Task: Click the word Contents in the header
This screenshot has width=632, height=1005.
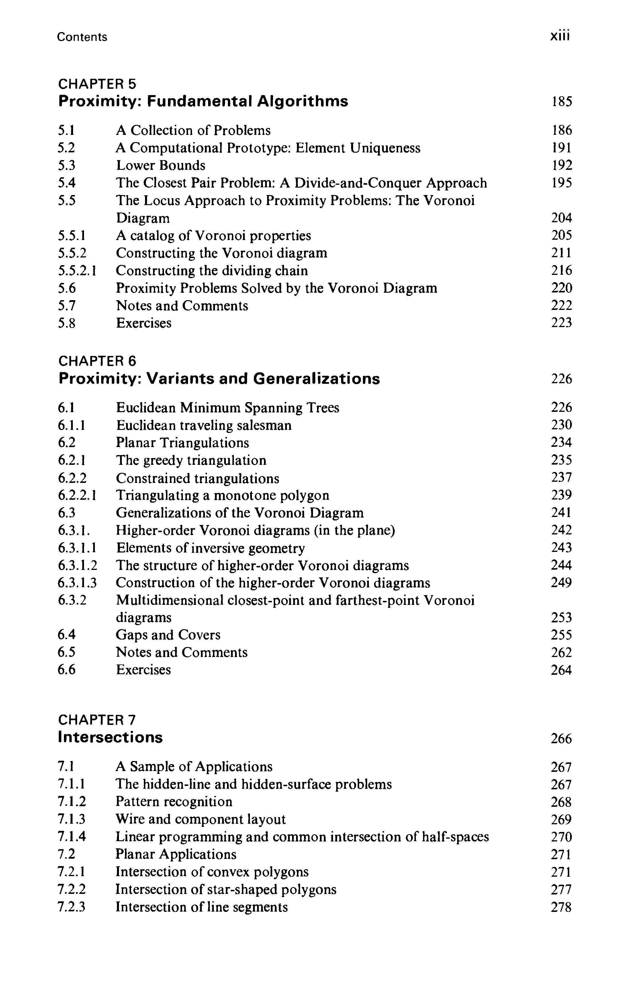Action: pos(82,37)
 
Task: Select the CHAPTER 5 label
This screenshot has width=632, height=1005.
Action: pos(97,84)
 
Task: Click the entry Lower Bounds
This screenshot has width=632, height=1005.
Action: pos(161,166)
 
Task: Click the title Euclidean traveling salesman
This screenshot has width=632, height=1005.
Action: pos(204,425)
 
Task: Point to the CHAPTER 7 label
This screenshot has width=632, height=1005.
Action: pos(97,720)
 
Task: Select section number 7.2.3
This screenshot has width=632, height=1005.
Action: pos(71,907)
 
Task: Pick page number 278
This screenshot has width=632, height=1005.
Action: pos(561,907)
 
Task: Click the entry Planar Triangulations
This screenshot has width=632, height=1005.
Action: pos(182,443)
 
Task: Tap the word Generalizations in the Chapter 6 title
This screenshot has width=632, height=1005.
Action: pos(316,379)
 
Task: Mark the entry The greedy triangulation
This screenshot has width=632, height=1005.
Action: pos(191,460)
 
